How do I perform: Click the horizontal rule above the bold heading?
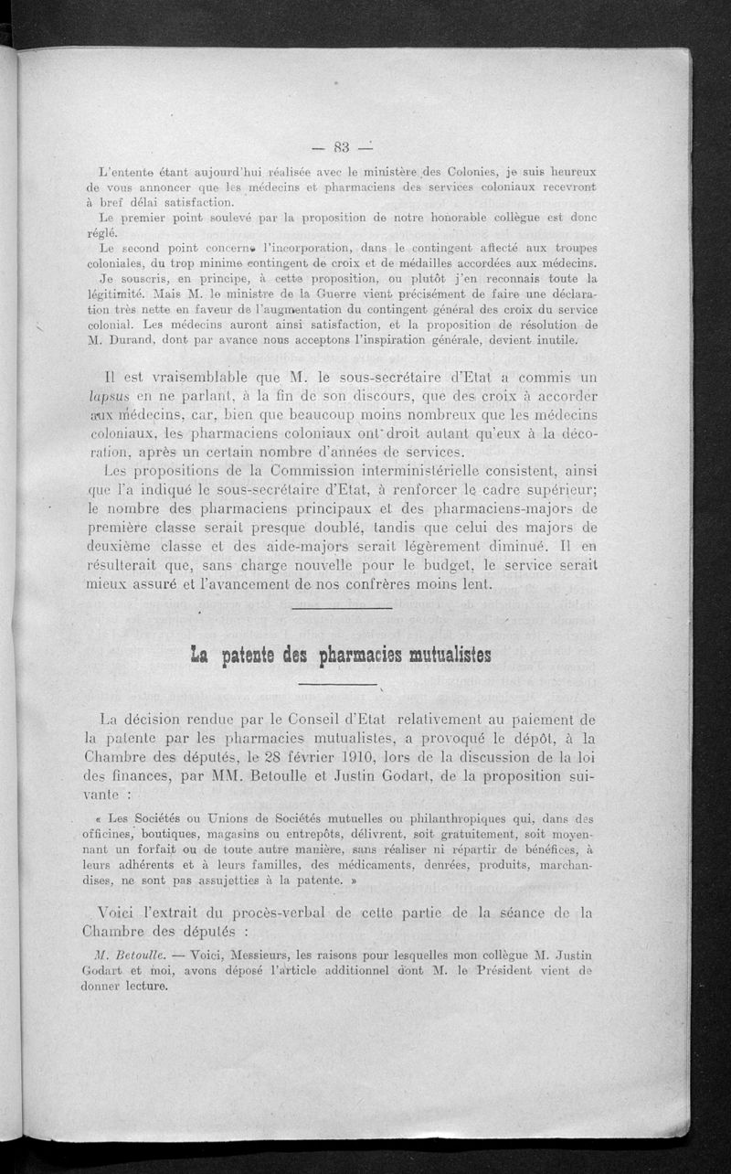(x=340, y=607)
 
